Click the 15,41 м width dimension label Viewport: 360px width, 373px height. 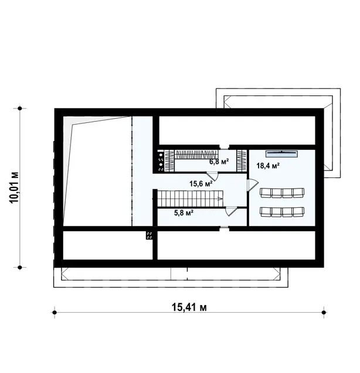pyautogui.click(x=189, y=307)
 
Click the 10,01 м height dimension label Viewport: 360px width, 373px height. pyautogui.click(x=14, y=187)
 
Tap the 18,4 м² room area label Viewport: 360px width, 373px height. pyautogui.click(x=268, y=166)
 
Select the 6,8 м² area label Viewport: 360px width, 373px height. pyautogui.click(x=219, y=162)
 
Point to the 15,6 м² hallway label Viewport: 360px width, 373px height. pyautogui.click(x=201, y=183)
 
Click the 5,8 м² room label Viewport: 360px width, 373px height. pyautogui.click(x=184, y=213)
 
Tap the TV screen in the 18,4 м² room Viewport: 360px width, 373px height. pyautogui.click(x=282, y=154)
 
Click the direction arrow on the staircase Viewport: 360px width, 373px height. pyautogui.click(x=220, y=198)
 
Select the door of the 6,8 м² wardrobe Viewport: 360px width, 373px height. pyautogui.click(x=212, y=176)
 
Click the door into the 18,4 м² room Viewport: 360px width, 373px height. pyautogui.click(x=253, y=184)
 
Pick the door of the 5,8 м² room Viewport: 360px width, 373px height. pyautogui.click(x=232, y=211)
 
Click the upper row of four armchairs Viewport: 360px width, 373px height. pyautogui.click(x=282, y=193)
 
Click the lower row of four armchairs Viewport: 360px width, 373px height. pyautogui.click(x=282, y=212)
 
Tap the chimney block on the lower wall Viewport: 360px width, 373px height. pyautogui.click(x=150, y=235)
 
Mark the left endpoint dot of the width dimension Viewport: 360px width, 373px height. pyautogui.click(x=55, y=312)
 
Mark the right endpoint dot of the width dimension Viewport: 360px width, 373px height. pyautogui.click(x=323, y=312)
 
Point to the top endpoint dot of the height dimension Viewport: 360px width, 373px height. pyautogui.click(x=20, y=108)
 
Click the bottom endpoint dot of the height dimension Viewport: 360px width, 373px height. pyautogui.click(x=20, y=268)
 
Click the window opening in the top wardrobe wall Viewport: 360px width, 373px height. pyautogui.click(x=224, y=147)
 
